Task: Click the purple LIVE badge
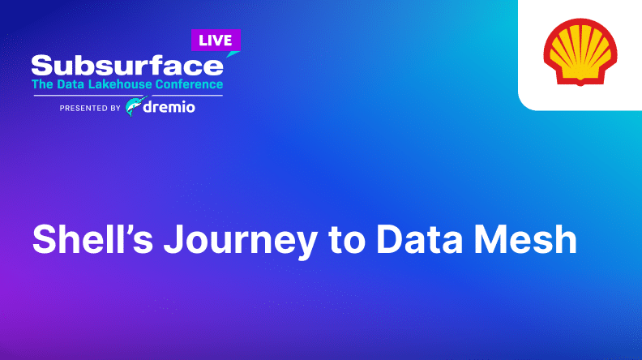click(x=216, y=41)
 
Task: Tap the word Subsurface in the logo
click(x=127, y=66)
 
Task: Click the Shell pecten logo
click(x=580, y=52)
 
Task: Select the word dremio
click(x=169, y=107)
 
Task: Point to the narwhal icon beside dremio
click(x=135, y=106)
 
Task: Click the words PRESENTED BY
click(x=90, y=108)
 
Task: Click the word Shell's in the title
click(x=92, y=239)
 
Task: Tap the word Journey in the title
click(x=240, y=242)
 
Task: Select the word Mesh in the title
click(x=525, y=239)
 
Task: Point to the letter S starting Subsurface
click(x=43, y=66)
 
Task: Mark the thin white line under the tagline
click(x=128, y=96)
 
